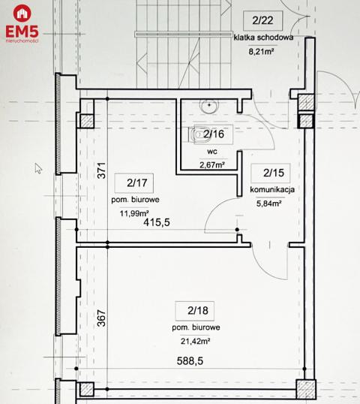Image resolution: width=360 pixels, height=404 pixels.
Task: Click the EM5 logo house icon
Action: pos(22,13)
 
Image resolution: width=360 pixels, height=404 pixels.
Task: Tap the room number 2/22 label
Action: pos(262,20)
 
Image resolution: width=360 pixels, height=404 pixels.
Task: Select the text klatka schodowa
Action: pos(263,38)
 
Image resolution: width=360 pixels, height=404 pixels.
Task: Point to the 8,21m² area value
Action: pos(261,52)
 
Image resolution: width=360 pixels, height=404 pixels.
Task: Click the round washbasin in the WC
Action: pos(209,105)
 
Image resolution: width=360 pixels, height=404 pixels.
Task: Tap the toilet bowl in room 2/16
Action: pos(196,134)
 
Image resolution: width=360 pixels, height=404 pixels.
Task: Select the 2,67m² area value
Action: pos(212,164)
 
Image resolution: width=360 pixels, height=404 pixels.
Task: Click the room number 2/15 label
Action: pos(274,173)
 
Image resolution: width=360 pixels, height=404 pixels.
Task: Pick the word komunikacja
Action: pos(272,190)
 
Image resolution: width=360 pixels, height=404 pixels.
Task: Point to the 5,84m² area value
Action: pos(268,204)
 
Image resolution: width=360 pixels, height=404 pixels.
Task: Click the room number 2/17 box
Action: pos(134,183)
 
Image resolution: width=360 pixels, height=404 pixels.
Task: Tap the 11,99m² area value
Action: pos(134,213)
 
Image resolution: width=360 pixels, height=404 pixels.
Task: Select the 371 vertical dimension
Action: pos(102,170)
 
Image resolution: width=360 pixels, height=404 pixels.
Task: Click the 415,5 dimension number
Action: pos(157,222)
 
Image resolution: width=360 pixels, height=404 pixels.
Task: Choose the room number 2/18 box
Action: pos(195,311)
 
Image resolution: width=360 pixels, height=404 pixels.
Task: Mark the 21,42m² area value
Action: pos(195,342)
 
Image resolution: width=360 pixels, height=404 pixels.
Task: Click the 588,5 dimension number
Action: pos(190,361)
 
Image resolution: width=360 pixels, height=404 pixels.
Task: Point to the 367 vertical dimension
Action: pos(102,318)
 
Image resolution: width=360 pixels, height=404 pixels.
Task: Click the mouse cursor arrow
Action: pos(38,168)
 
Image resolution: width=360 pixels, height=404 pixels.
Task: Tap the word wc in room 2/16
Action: pos(212,152)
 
